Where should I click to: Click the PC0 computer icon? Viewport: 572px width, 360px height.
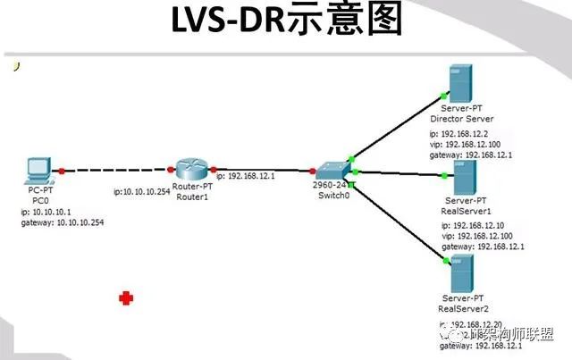coord(38,170)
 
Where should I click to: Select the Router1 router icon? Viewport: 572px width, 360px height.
coord(189,167)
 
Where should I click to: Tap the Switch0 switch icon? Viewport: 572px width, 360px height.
coord(329,170)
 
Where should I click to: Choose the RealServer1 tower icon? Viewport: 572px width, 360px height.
coord(462,177)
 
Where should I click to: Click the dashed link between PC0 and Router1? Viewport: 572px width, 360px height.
coord(116,169)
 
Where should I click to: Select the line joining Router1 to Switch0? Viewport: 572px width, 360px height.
coord(264,169)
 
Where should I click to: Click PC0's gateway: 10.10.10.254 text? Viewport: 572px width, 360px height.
coord(63,222)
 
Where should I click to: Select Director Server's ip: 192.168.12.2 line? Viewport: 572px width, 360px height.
coord(461,134)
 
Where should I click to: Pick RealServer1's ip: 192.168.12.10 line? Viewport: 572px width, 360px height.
coord(475,226)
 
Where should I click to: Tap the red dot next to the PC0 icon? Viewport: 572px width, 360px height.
coord(61,169)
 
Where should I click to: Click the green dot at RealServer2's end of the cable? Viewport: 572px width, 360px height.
coord(443,260)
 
